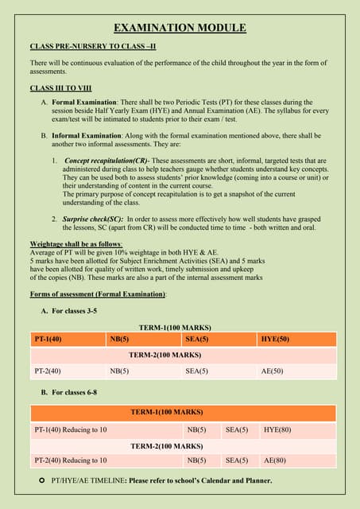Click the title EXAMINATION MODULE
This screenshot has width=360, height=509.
(x=180, y=28)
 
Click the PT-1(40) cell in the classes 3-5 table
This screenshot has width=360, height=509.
(x=49, y=340)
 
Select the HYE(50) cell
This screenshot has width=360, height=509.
(x=276, y=340)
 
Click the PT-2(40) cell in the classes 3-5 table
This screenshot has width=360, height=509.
(x=49, y=371)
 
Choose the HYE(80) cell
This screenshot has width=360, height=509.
(x=277, y=429)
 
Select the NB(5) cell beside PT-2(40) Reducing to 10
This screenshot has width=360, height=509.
(x=196, y=460)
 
